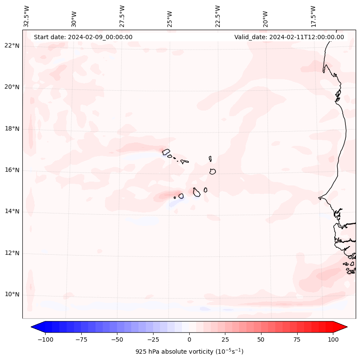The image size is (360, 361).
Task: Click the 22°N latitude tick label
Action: click(x=12, y=46)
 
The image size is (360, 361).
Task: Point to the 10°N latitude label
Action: click(x=12, y=295)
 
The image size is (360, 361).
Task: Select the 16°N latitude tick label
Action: click(x=12, y=170)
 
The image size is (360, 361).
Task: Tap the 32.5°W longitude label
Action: click(x=27, y=16)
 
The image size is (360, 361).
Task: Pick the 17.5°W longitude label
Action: click(x=313, y=16)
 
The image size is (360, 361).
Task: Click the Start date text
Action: click(x=83, y=37)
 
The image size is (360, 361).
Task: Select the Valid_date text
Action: click(x=289, y=37)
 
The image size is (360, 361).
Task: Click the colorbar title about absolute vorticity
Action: click(x=189, y=352)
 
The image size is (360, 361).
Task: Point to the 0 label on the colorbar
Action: click(x=189, y=339)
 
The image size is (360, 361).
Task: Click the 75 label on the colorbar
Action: click(x=297, y=339)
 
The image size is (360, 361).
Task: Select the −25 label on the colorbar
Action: click(x=153, y=339)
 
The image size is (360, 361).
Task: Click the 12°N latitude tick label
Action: click(x=12, y=253)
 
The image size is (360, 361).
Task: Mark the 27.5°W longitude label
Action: click(x=122, y=16)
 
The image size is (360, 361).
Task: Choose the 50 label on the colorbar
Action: click(x=261, y=339)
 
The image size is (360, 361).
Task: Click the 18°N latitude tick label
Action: click(x=12, y=129)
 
